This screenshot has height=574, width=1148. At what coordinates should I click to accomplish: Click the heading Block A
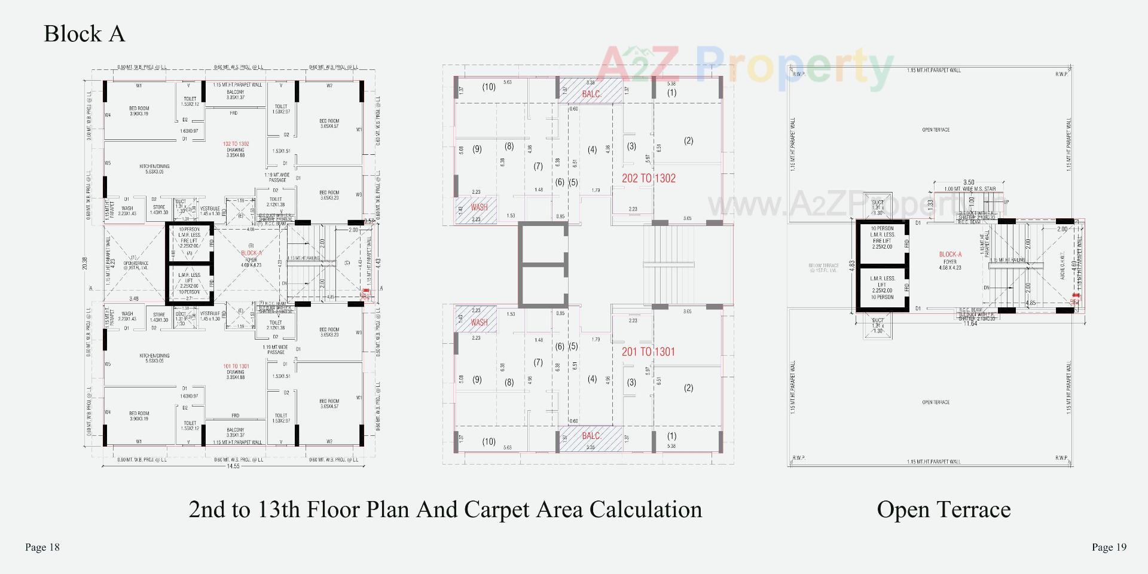(84, 33)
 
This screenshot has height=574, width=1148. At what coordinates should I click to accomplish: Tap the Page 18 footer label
(42, 547)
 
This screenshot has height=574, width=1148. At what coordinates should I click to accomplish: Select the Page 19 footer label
(1109, 547)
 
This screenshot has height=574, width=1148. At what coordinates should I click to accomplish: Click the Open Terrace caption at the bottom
(944, 509)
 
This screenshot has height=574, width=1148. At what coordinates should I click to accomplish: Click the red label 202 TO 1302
(648, 178)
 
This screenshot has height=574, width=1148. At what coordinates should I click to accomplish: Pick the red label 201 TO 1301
(648, 352)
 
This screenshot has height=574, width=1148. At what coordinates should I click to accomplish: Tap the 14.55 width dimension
(233, 466)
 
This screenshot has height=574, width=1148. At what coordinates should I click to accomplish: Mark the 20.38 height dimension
(85, 263)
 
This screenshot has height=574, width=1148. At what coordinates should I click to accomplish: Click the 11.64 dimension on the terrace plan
(970, 323)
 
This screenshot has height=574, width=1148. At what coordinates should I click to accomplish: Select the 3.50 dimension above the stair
(969, 182)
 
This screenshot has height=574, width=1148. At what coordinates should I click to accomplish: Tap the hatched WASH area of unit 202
(477, 210)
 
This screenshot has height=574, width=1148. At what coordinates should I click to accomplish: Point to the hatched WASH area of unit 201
(477, 320)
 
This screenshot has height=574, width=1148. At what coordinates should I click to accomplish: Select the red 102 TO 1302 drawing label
(236, 144)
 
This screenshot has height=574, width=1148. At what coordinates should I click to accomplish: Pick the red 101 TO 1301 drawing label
(236, 366)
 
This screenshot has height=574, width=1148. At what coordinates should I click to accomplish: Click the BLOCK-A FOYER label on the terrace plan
(950, 258)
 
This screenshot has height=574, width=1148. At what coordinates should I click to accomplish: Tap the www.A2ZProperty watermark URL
(855, 205)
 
